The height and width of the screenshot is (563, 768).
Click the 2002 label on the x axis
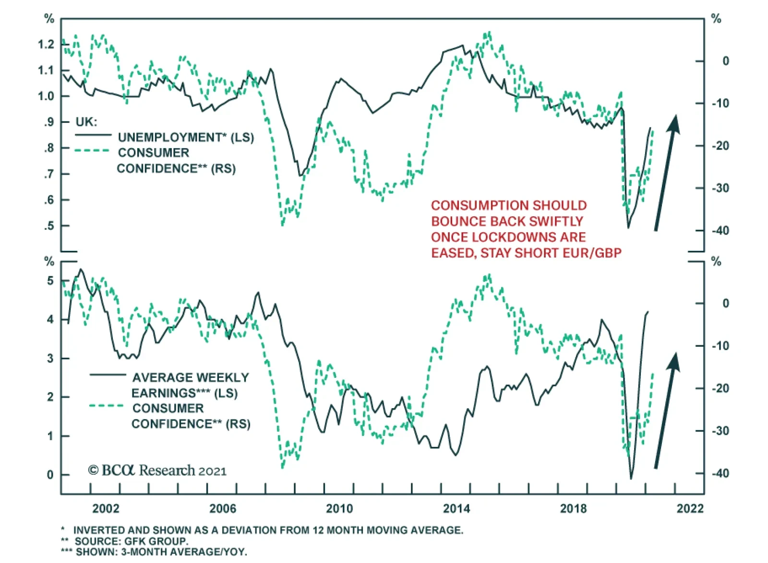tap(106, 508)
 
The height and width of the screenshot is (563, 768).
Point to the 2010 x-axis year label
tap(339, 508)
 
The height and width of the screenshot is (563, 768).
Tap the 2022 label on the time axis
tap(690, 508)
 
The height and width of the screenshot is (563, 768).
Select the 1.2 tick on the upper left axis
tap(46, 45)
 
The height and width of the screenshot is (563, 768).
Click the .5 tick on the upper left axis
tap(49, 226)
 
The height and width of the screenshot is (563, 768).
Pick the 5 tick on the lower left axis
tap(50, 281)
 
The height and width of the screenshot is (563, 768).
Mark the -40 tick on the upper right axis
tap(720, 231)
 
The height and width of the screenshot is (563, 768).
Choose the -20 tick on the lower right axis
tap(720, 388)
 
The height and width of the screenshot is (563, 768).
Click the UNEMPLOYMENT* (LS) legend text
tap(186, 137)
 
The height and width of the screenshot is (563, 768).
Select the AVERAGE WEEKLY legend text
tap(191, 377)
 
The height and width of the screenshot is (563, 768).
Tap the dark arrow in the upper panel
tap(666, 173)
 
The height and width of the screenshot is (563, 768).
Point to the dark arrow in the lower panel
tap(666, 411)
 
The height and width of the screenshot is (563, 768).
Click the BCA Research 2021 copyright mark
tap(157, 470)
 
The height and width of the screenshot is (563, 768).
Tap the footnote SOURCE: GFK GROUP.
tap(131, 541)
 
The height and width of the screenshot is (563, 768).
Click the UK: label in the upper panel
tap(86, 122)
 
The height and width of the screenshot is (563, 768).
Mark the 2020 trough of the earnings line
tap(631, 478)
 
